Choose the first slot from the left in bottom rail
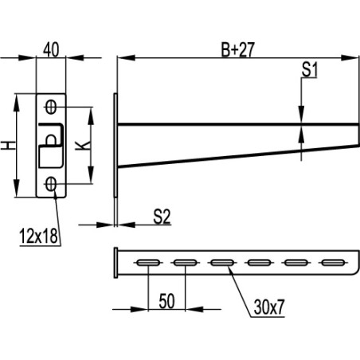tap(147, 261)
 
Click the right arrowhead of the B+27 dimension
tap(350, 57)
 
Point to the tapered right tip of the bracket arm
tap(350, 137)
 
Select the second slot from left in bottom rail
tap(185, 261)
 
